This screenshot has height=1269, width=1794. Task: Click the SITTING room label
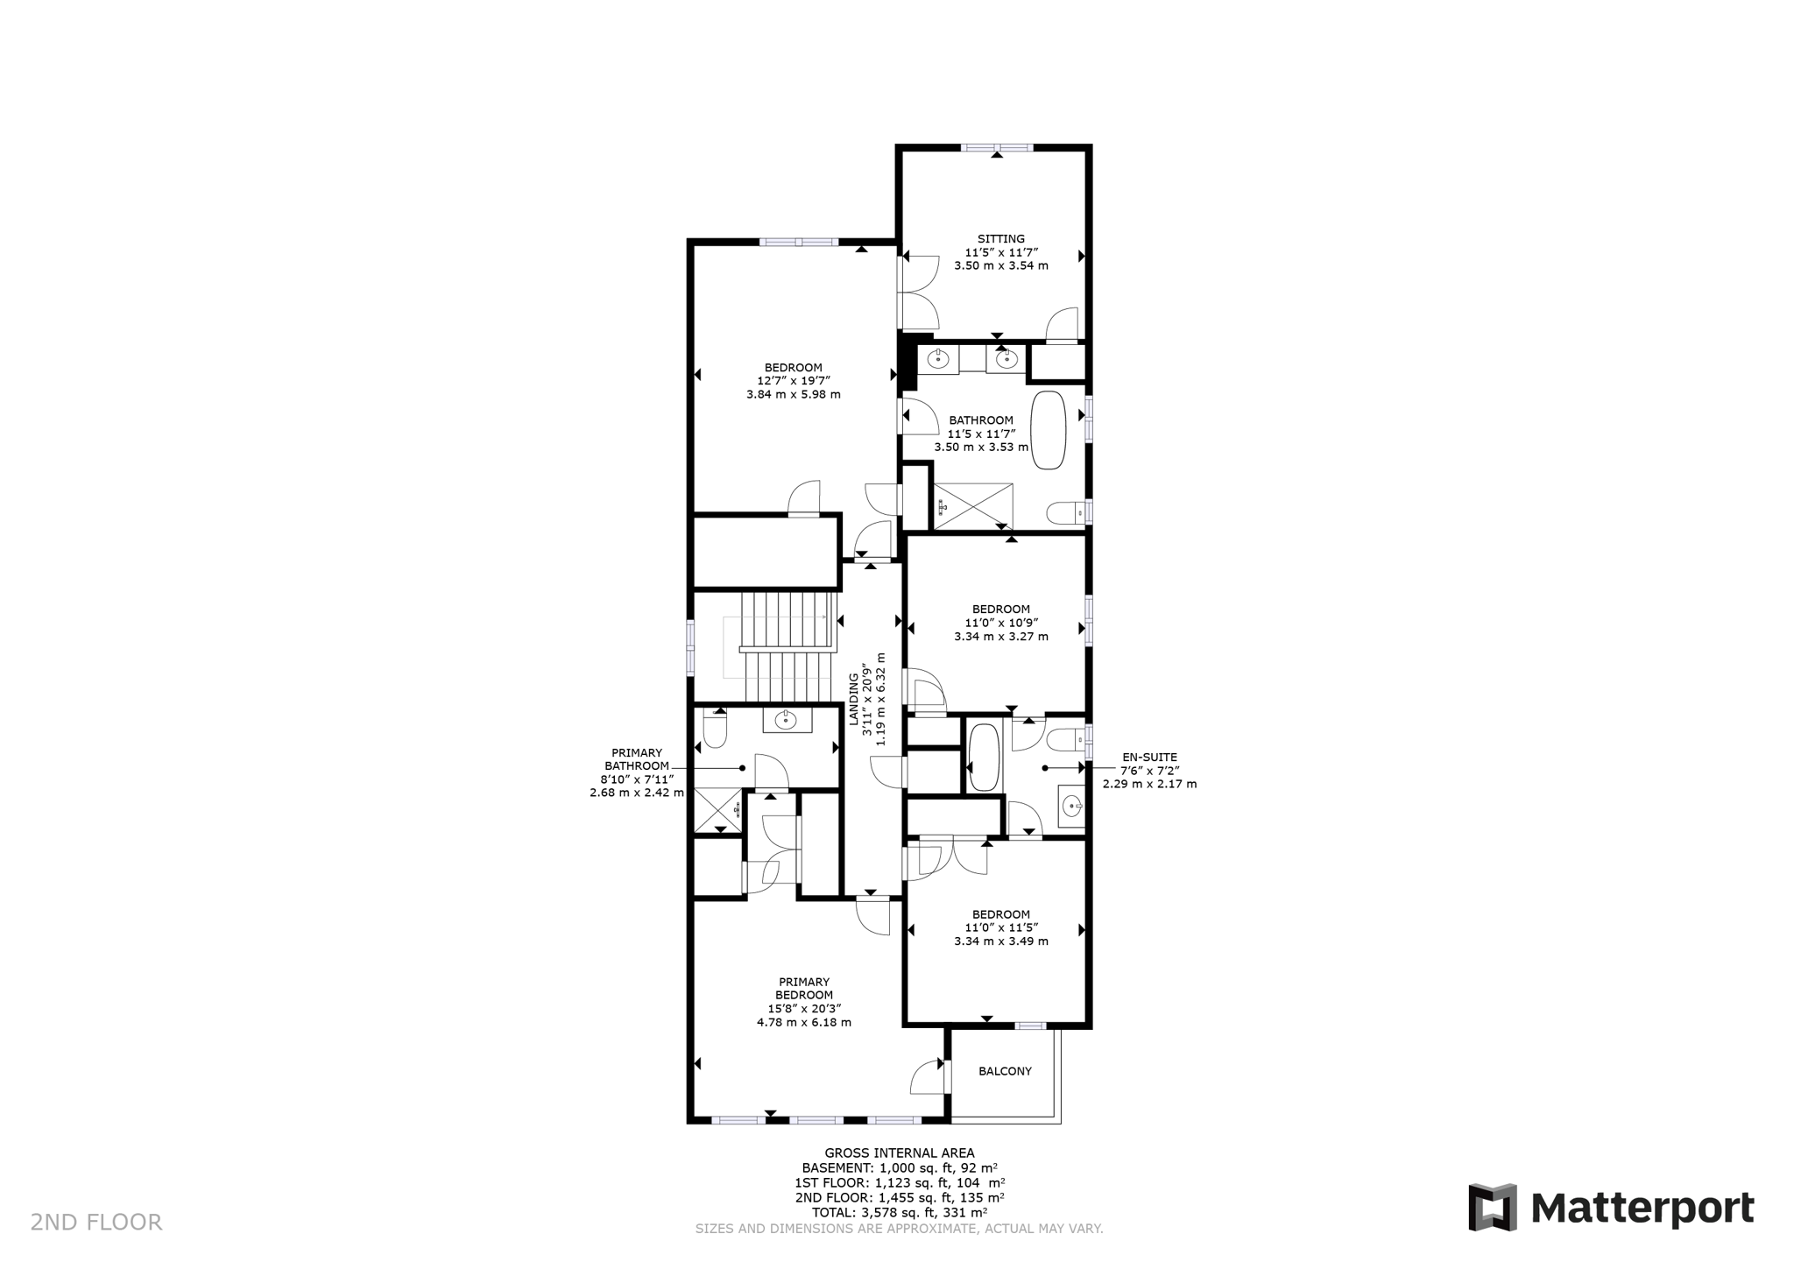click(1000, 239)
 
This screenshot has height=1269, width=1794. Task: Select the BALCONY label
click(1005, 1071)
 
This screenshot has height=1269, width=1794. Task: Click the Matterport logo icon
click(1493, 1208)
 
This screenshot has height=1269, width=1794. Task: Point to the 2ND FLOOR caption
click(96, 1223)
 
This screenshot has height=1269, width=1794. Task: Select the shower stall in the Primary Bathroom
click(718, 809)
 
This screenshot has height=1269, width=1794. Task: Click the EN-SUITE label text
click(1149, 758)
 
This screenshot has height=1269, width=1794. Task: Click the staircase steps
click(787, 648)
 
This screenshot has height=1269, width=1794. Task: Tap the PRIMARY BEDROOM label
click(803, 989)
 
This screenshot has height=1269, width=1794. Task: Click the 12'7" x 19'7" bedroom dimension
click(793, 381)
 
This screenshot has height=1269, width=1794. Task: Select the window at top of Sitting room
click(996, 148)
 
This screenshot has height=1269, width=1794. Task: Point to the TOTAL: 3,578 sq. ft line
click(899, 1213)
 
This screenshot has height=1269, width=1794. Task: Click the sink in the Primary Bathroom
click(786, 720)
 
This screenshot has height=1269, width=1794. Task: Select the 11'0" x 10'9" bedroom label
click(1000, 623)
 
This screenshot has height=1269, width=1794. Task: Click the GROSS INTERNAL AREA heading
click(899, 1153)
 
